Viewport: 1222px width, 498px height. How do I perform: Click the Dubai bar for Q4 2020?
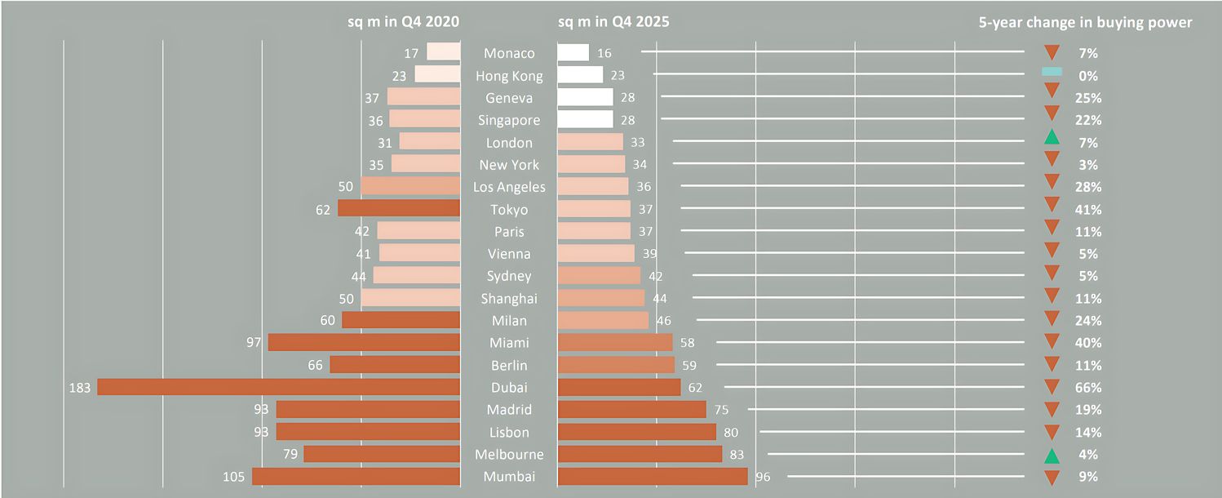pyautogui.click(x=278, y=387)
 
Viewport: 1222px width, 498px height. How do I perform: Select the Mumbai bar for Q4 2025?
pyautogui.click(x=652, y=476)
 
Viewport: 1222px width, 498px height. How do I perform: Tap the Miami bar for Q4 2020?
pyautogui.click(x=364, y=343)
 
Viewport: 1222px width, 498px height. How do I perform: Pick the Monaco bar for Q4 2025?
pyautogui.click(x=573, y=53)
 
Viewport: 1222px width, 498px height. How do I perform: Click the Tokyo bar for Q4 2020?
pyautogui.click(x=399, y=209)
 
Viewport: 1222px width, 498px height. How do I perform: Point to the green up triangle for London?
pyautogui.click(x=1052, y=138)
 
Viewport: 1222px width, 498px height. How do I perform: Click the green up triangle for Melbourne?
pyautogui.click(x=1052, y=455)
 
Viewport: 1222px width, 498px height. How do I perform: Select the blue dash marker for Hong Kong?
pyautogui.click(x=1052, y=73)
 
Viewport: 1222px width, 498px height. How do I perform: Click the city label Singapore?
pyautogui.click(x=509, y=120)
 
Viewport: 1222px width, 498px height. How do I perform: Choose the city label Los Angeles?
pyautogui.click(x=509, y=187)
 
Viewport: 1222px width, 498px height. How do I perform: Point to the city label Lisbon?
pyautogui.click(x=509, y=432)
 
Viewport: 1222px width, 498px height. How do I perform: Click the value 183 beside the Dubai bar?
pyautogui.click(x=80, y=388)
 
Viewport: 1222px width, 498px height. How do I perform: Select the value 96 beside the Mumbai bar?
pyautogui.click(x=763, y=477)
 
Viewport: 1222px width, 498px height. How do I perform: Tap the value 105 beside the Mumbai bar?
pyautogui.click(x=237, y=477)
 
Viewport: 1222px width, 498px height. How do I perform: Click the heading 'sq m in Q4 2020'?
pyautogui.click(x=404, y=22)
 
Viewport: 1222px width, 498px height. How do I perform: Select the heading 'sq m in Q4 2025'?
pyautogui.click(x=613, y=22)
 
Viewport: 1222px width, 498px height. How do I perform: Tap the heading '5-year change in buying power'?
pyautogui.click(x=1085, y=23)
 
